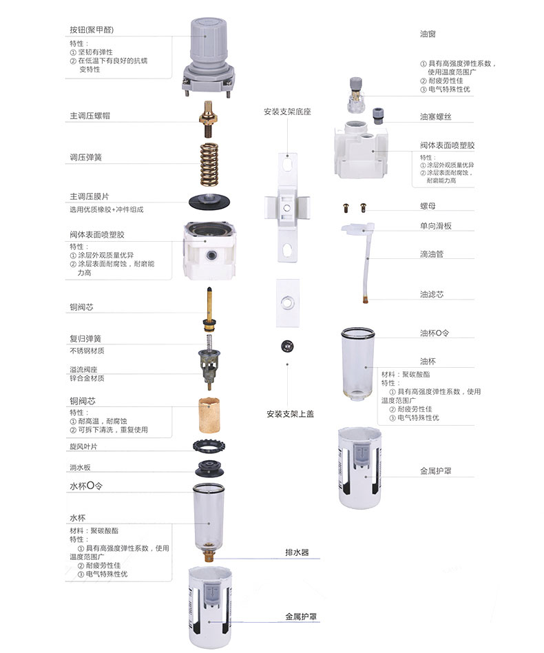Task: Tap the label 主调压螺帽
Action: (90, 116)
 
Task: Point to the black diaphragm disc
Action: (210, 202)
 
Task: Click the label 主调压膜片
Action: (90, 196)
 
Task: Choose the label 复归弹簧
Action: (85, 339)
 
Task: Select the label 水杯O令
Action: (86, 486)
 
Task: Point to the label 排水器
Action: (297, 552)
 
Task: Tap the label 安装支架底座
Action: (287, 112)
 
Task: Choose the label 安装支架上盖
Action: (290, 414)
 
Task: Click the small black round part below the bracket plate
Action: (286, 344)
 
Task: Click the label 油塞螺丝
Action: (436, 117)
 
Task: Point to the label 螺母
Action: (428, 206)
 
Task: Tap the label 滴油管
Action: (432, 253)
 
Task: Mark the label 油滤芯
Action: (432, 294)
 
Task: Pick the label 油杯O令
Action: (435, 333)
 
